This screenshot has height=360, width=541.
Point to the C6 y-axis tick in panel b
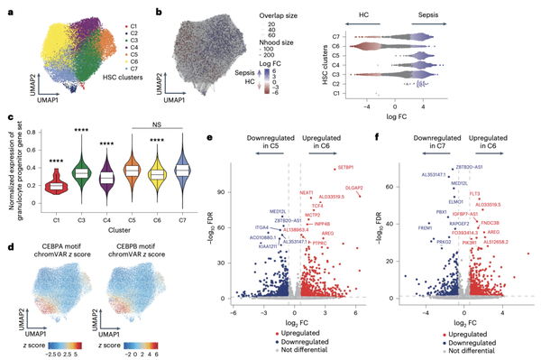(x=335, y=45)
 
